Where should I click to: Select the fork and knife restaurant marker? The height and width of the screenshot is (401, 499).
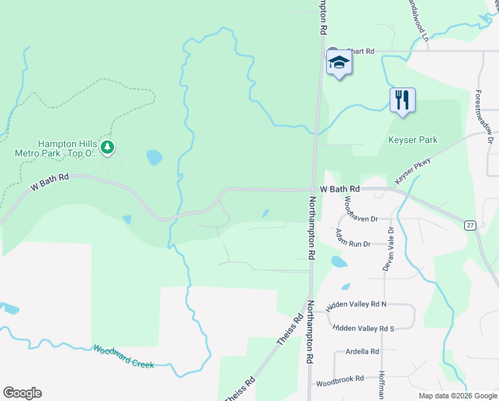pos(402,100)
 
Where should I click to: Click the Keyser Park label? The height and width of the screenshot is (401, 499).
pos(413,140)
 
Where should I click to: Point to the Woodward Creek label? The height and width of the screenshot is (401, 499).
pos(123,357)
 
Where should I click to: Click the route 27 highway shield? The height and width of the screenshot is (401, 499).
pos(471,226)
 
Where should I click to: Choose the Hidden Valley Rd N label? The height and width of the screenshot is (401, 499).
pos(356,306)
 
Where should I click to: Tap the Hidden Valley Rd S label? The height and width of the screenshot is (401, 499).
pos(364,328)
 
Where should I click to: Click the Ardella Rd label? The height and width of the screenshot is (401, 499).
pos(362,352)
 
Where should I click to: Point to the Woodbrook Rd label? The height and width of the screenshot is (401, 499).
pos(340,379)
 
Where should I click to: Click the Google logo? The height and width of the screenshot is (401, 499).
pos(22,393)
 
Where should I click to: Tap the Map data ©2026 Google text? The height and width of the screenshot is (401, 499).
pos(457,396)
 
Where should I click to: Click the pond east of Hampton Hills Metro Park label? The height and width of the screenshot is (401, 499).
pos(154,158)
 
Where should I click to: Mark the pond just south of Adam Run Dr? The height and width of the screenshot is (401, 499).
pos(339,262)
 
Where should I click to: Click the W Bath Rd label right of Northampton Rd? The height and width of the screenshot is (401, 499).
pos(340,190)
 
